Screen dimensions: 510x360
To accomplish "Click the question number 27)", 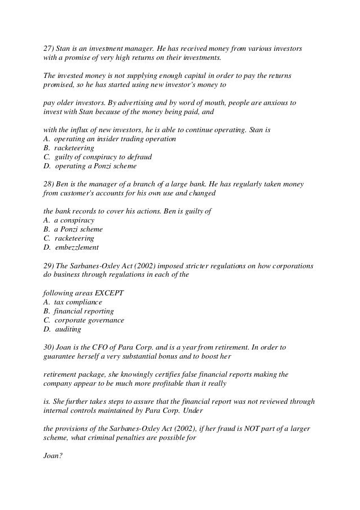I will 49,49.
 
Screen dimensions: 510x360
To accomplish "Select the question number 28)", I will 49,185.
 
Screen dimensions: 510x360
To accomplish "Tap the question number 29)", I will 49,265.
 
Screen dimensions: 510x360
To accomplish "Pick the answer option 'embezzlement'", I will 76,247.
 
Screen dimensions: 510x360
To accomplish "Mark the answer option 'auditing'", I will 67,329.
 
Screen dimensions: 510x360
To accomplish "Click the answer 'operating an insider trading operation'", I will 115,139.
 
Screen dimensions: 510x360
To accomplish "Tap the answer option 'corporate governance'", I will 89,320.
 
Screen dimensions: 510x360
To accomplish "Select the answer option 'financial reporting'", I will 84,311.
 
